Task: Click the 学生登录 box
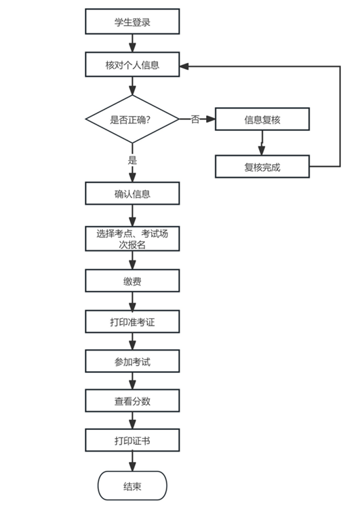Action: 132,22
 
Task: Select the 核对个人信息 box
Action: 132,64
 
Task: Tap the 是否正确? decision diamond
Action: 132,119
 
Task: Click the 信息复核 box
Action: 262,119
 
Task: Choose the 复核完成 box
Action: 262,167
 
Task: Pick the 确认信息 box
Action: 132,193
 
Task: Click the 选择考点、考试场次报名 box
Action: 132,239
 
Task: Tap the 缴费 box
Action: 132,281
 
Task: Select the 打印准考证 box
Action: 132,321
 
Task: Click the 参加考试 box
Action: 132,362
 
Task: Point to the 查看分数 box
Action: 132,401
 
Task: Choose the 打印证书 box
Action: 132,440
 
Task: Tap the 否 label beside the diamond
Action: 195,119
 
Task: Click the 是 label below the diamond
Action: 132,160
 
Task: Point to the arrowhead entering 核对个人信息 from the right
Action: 184,66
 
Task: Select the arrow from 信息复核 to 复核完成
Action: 262,143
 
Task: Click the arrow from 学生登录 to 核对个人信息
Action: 132,43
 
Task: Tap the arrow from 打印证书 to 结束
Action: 132,461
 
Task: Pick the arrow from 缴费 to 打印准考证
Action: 132,301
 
